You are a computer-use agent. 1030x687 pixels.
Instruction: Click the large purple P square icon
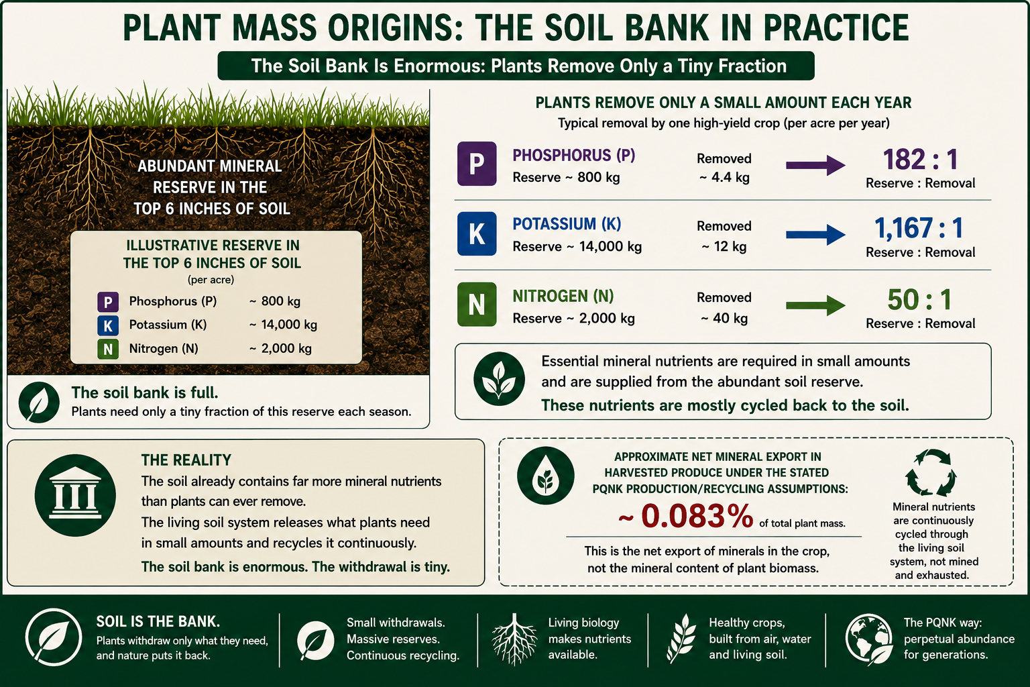tap(477, 164)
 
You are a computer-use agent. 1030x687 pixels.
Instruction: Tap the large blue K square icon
tap(477, 233)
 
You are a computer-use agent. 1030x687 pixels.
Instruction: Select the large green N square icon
tap(477, 304)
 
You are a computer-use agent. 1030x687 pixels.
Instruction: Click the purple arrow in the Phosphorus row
tap(815, 165)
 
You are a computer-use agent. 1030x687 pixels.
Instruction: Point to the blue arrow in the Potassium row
tap(815, 235)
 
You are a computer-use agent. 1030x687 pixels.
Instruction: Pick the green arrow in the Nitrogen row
tap(815, 305)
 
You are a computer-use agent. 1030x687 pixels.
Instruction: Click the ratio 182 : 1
tap(920, 159)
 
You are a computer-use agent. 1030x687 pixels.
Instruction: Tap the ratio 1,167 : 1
tap(919, 228)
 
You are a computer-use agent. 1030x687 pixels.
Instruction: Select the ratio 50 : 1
tap(919, 299)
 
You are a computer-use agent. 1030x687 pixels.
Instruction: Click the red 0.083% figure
tap(697, 515)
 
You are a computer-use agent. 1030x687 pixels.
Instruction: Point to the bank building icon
tap(75, 495)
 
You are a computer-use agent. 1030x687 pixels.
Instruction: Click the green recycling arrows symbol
tap(931, 472)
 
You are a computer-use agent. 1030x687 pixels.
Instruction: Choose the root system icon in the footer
tap(514, 639)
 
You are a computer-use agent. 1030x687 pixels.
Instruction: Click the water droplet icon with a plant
tap(546, 476)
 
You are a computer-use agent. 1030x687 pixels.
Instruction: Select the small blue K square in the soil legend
tap(108, 325)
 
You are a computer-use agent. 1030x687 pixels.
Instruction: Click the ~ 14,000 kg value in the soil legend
tap(283, 325)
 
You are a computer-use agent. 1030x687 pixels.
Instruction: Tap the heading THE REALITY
tap(186, 460)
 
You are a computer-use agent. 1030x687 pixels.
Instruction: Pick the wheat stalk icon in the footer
tap(681, 638)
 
